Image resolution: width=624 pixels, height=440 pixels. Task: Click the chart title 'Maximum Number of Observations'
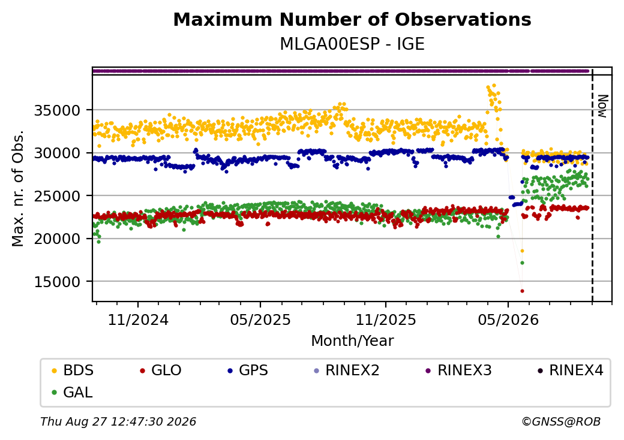(x=352, y=19)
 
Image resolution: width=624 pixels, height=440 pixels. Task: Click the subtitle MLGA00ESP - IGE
(x=352, y=44)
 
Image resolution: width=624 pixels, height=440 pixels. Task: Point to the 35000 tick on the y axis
(x=57, y=110)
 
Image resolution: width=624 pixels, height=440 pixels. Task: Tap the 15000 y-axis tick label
(x=57, y=282)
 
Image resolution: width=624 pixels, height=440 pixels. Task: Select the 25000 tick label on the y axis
(x=57, y=196)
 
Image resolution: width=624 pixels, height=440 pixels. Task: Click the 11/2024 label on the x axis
(x=138, y=320)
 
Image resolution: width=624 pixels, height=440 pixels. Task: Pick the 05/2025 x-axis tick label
(x=260, y=320)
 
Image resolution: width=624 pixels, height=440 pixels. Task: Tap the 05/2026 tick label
(x=508, y=320)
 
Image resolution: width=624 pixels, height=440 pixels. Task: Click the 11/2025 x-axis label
(x=385, y=320)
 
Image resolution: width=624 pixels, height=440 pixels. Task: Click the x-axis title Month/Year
(x=352, y=341)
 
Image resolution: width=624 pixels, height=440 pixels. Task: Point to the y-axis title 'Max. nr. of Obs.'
(x=18, y=188)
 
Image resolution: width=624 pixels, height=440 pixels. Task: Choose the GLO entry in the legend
(x=161, y=370)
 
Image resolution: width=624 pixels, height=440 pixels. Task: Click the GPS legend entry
(x=248, y=370)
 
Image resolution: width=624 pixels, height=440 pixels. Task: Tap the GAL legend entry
(x=73, y=392)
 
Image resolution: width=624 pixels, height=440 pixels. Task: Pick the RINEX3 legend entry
(x=459, y=370)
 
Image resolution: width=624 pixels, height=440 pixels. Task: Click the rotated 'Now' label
(x=603, y=106)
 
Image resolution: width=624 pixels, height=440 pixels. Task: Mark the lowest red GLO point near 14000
(x=522, y=291)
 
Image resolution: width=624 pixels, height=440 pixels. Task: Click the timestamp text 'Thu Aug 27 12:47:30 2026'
(x=118, y=421)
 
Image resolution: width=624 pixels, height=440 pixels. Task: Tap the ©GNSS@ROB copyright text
(x=561, y=421)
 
